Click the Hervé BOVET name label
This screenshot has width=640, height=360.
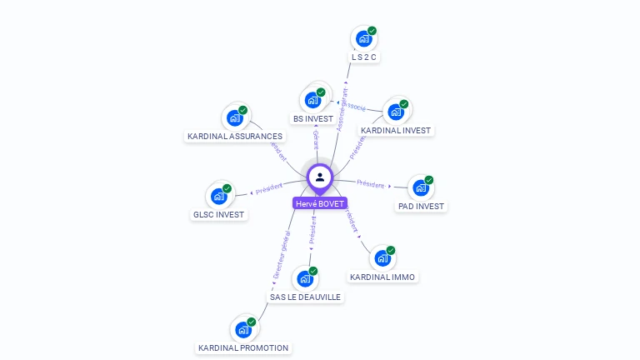pos(319,203)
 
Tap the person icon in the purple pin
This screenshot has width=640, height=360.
pos(319,177)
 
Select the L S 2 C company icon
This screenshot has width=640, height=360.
pos(363,38)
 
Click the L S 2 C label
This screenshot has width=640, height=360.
pos(364,57)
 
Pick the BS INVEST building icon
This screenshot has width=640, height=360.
pos(312,100)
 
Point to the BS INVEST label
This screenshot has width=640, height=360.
pos(312,119)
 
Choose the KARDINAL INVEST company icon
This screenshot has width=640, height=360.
pos(396,112)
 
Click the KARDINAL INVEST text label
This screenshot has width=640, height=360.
pos(396,131)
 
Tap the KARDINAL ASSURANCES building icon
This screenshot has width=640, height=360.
pos(235,117)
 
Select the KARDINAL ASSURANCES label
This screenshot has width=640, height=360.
pos(235,137)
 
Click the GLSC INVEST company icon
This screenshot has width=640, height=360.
pos(218,196)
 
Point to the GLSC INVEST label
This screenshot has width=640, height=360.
pos(218,215)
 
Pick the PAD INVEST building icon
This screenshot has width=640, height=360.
pos(421,187)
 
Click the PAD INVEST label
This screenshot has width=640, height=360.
pos(421,207)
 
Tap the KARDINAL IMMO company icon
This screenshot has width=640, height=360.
pos(382,257)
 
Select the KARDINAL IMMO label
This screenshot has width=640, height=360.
pos(382,277)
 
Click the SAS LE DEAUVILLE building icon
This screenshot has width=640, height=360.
pos(305,278)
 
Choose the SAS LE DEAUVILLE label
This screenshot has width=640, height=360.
pos(305,297)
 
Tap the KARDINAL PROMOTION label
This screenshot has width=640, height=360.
pos(243,348)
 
